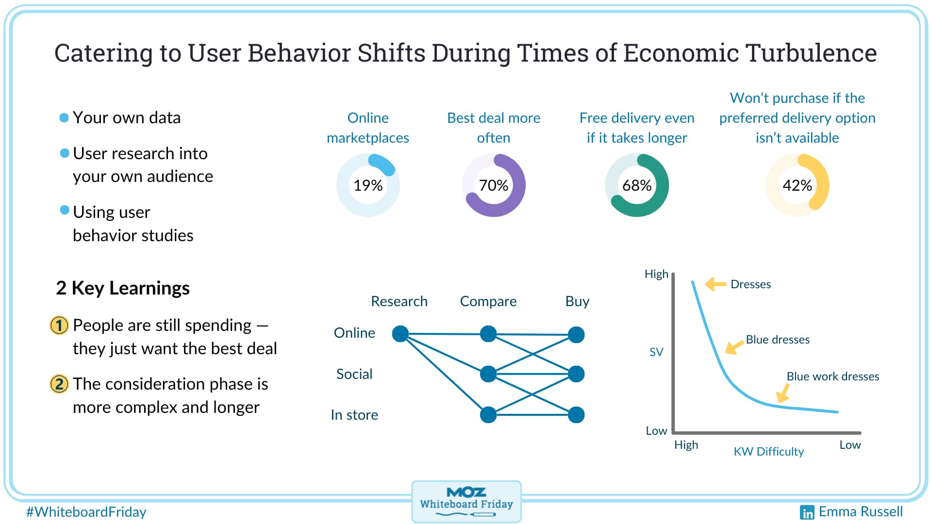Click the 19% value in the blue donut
(x=368, y=185)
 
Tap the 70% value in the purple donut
(x=493, y=185)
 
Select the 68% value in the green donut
(x=637, y=185)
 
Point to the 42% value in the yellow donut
(x=797, y=185)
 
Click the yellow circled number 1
(x=59, y=326)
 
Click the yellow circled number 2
(x=59, y=384)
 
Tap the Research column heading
(x=399, y=301)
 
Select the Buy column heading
(x=577, y=301)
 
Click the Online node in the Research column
(x=400, y=334)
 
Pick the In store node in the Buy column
(x=576, y=415)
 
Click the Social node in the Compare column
(x=488, y=374)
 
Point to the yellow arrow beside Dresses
(x=715, y=284)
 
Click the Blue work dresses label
(x=832, y=377)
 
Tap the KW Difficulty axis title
(x=768, y=452)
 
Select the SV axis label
(x=656, y=352)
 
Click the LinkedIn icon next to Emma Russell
(x=807, y=512)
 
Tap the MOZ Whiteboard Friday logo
(x=466, y=502)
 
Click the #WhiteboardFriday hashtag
(x=86, y=512)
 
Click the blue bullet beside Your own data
(x=64, y=118)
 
